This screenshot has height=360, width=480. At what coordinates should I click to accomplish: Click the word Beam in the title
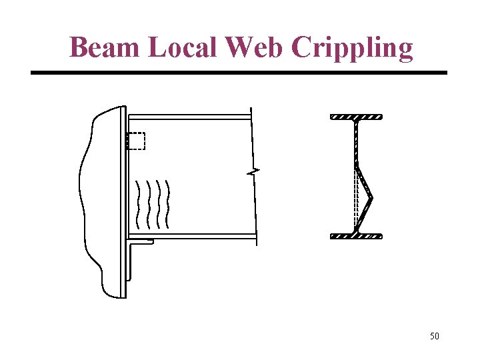point(106,47)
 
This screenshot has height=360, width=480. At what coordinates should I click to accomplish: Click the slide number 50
point(434,336)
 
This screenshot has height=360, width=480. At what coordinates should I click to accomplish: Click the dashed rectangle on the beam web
point(136,141)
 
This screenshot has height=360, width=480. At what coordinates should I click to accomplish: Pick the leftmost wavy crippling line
point(138,203)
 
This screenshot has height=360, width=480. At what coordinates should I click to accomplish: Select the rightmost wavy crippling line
point(167,203)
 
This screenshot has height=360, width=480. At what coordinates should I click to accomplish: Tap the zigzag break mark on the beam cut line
point(253,173)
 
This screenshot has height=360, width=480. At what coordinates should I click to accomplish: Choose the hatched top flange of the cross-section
point(356,117)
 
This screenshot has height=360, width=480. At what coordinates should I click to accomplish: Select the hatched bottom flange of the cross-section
point(356,235)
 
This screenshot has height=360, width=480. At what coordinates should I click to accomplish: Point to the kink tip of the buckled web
point(371,197)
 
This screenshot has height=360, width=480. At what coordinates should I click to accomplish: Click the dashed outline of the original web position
point(356,200)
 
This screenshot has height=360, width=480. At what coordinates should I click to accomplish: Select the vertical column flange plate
point(124,200)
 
